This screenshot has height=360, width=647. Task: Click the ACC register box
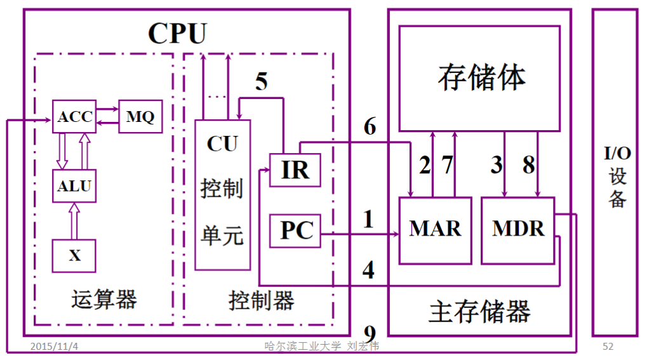74,117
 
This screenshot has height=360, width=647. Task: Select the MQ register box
140,117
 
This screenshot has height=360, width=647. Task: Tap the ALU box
74,186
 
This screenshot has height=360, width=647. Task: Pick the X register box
74,255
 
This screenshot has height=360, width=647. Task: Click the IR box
295,170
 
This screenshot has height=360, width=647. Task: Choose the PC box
295,230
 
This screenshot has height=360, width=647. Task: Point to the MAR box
435,230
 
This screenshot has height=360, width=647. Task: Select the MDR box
517,230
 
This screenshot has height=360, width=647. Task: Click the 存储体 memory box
479,77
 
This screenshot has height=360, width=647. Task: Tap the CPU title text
177,33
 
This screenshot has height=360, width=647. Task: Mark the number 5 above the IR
262,82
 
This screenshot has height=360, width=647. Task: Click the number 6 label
370,127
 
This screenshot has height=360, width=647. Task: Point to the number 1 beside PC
368,220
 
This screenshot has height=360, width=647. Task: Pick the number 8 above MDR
528,165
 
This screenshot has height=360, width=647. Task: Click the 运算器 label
104,299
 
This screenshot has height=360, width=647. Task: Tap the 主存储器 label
479,312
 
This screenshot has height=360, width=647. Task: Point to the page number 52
608,347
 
